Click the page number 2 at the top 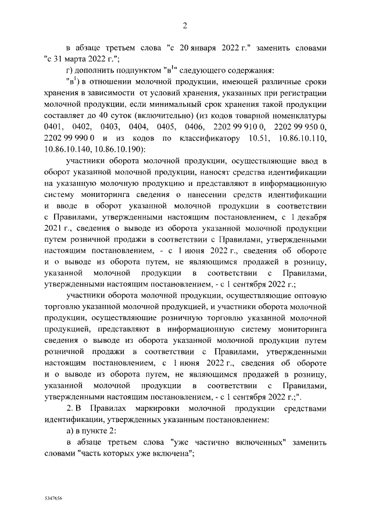coord(185,25)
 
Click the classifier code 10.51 coord(259,137)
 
